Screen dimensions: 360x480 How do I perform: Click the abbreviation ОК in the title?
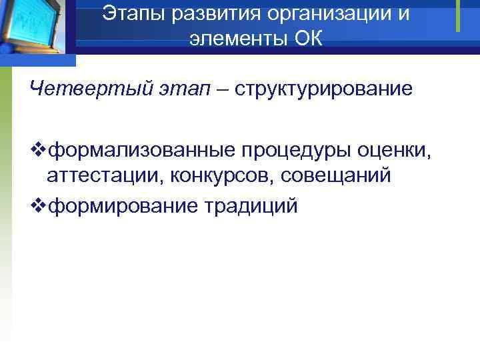click(x=307, y=39)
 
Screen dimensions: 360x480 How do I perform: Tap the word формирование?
click(x=123, y=205)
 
